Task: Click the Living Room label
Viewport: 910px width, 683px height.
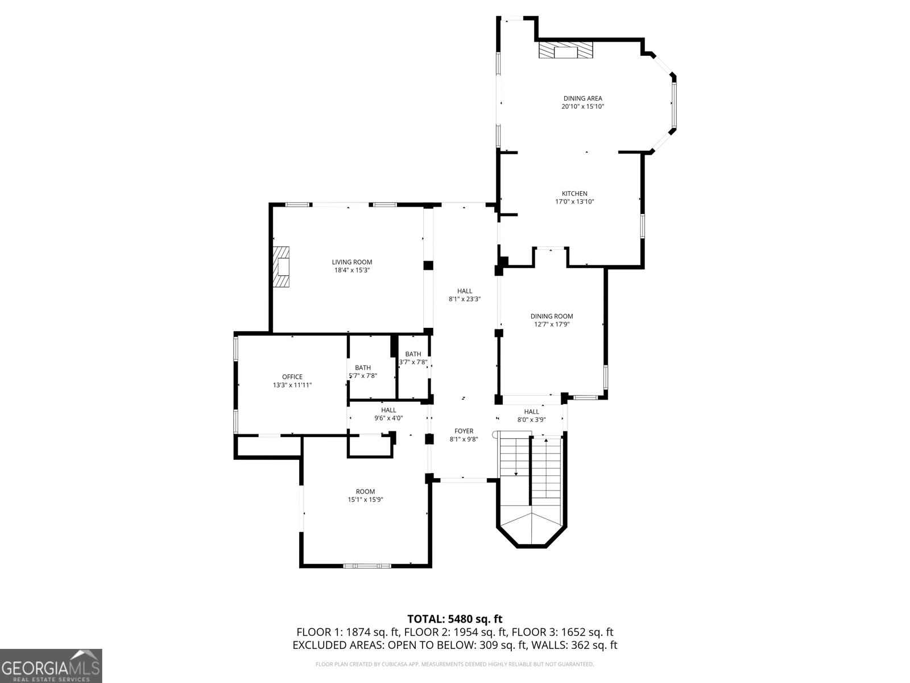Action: (x=352, y=262)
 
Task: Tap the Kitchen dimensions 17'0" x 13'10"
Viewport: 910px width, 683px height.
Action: (x=574, y=201)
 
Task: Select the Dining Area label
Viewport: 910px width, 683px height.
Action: (x=582, y=98)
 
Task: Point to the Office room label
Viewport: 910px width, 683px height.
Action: (x=292, y=377)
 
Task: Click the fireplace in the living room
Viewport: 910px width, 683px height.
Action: (x=282, y=267)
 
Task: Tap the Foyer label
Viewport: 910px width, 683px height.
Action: (x=464, y=431)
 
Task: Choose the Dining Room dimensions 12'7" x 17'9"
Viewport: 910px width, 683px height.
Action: (x=552, y=324)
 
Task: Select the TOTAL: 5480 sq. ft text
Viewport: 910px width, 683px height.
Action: (x=454, y=619)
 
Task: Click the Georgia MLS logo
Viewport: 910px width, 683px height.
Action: (x=51, y=665)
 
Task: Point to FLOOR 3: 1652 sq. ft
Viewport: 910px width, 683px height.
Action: (x=562, y=632)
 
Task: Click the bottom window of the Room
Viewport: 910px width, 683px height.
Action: (x=367, y=566)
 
